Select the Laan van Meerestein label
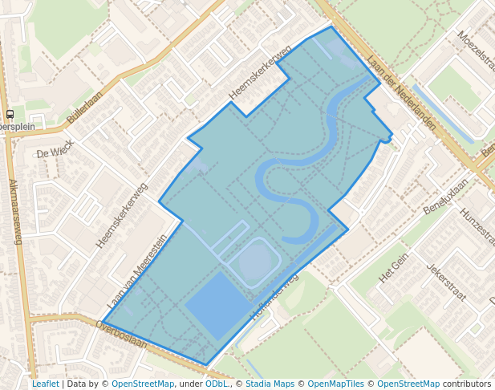pos(137,273)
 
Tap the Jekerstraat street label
pos(447,282)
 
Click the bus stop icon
pos(10,115)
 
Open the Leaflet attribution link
pos(45,384)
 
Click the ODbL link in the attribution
pos(217,384)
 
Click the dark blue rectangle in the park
pos(217,305)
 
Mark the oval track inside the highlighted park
pos(256,262)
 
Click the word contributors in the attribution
pos(466,384)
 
